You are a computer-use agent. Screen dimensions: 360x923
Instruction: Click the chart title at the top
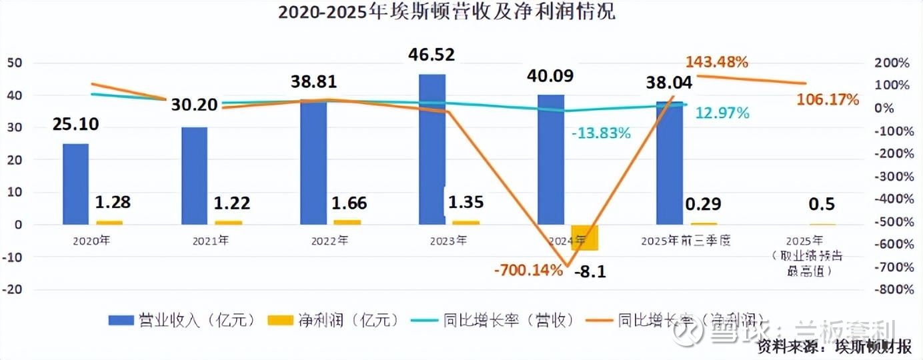[x=446, y=12]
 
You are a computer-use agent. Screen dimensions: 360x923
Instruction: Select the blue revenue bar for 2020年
[x=75, y=184]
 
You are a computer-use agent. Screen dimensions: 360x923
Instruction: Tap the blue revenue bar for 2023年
[x=432, y=149]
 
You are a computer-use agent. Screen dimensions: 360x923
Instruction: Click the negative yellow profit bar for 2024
[x=584, y=238]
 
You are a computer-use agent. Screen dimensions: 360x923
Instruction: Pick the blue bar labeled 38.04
[x=670, y=163]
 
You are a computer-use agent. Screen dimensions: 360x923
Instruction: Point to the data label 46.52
[x=431, y=55]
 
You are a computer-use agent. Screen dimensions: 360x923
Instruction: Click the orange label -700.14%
[x=528, y=271]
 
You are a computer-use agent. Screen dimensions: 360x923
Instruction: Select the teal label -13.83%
[x=600, y=133]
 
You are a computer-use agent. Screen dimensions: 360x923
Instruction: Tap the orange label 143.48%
[x=717, y=62]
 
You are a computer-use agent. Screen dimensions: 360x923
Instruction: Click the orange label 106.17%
[x=828, y=100]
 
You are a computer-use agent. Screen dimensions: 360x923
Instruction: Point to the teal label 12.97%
[x=722, y=113]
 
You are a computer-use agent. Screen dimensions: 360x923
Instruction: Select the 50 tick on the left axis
[x=15, y=63]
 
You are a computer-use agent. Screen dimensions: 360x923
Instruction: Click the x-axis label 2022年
[x=329, y=241]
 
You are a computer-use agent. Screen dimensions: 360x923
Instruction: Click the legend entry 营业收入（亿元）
[x=182, y=320]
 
